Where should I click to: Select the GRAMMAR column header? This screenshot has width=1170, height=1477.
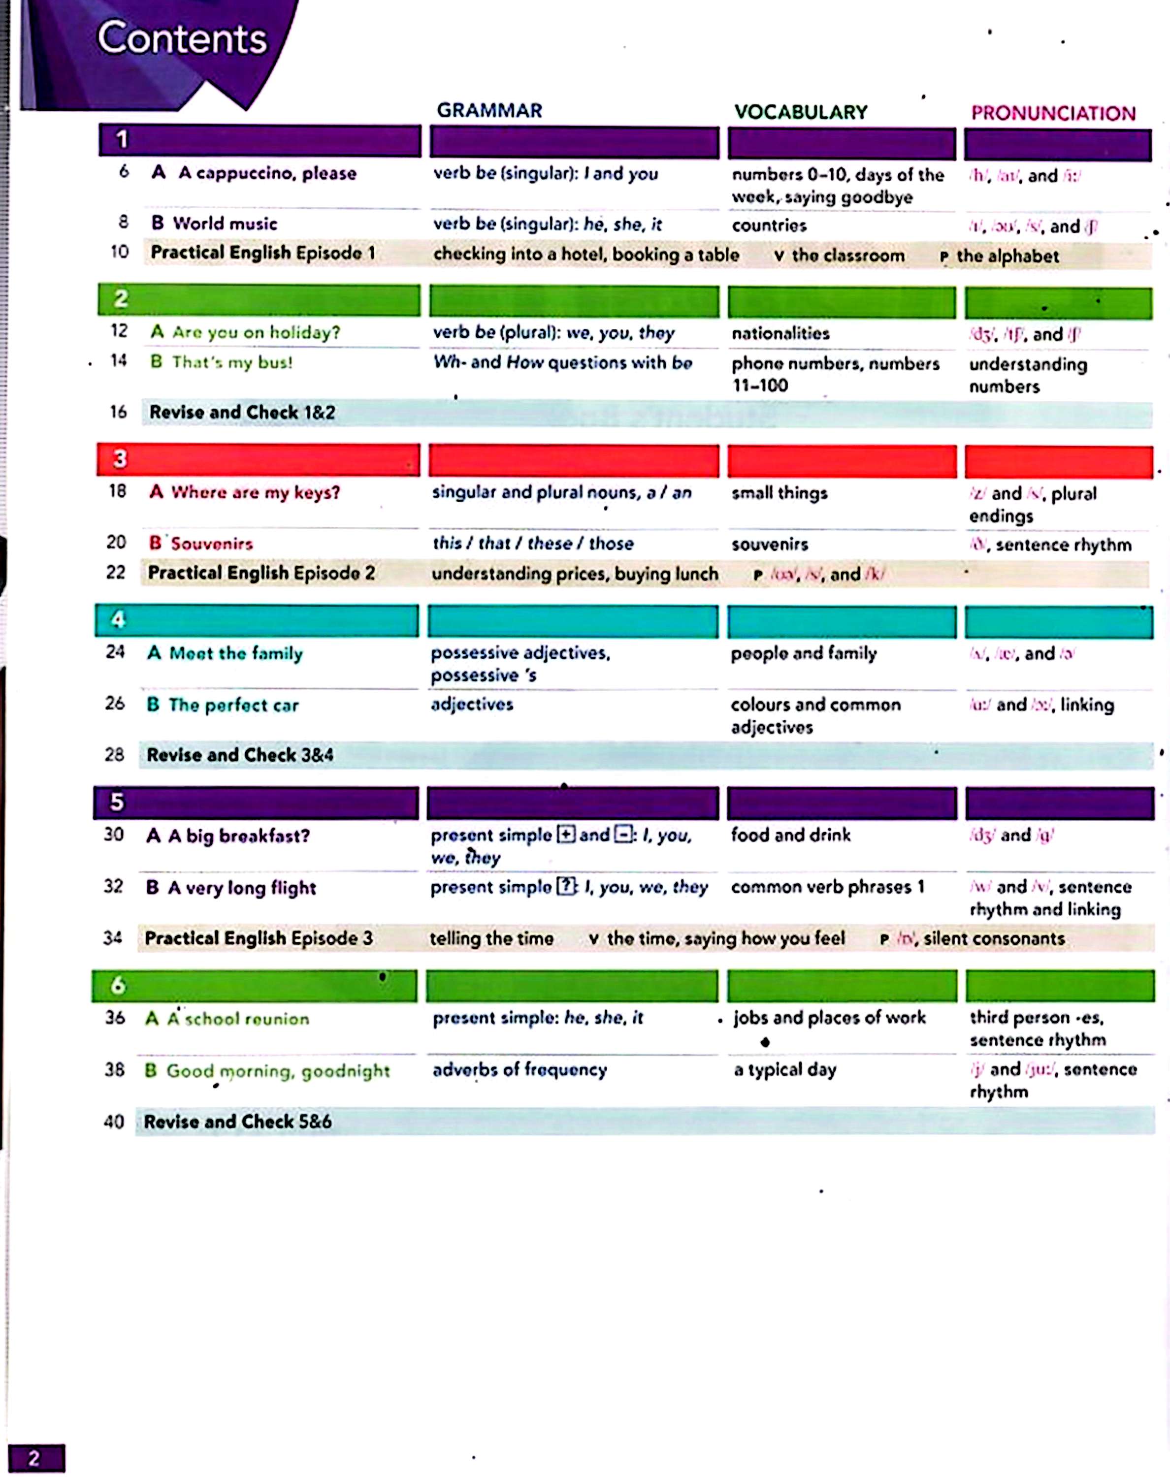[x=489, y=110]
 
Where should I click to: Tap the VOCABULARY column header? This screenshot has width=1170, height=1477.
[x=800, y=112]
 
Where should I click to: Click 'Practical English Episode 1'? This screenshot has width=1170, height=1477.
[x=262, y=253]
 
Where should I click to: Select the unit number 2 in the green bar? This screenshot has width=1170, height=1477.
[x=121, y=299]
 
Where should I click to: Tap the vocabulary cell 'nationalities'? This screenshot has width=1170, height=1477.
[x=780, y=333]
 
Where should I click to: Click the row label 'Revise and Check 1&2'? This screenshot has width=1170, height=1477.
[x=242, y=412]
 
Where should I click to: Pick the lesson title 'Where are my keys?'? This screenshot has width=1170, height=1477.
[x=255, y=492]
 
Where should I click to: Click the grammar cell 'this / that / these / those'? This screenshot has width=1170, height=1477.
[x=532, y=544]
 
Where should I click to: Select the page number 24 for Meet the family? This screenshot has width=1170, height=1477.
[x=115, y=651]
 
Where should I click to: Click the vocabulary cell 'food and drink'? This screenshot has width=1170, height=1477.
[x=790, y=835]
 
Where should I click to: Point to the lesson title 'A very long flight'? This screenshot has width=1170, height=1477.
[x=242, y=888]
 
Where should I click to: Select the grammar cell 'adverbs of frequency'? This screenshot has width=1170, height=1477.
[x=519, y=1069]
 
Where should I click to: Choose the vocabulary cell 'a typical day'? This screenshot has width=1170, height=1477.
[x=785, y=1069]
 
